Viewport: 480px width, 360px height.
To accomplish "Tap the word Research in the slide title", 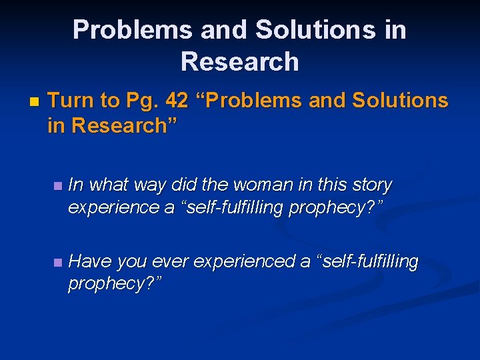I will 239,61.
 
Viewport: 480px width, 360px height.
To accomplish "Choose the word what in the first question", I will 107,184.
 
